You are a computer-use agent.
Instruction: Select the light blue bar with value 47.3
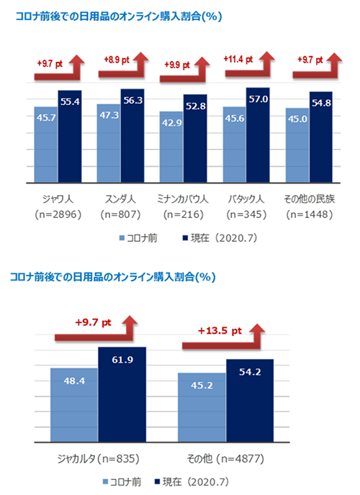click(x=109, y=144)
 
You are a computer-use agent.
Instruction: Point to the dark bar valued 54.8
click(x=321, y=137)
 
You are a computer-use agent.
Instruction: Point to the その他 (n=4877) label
click(x=225, y=458)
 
